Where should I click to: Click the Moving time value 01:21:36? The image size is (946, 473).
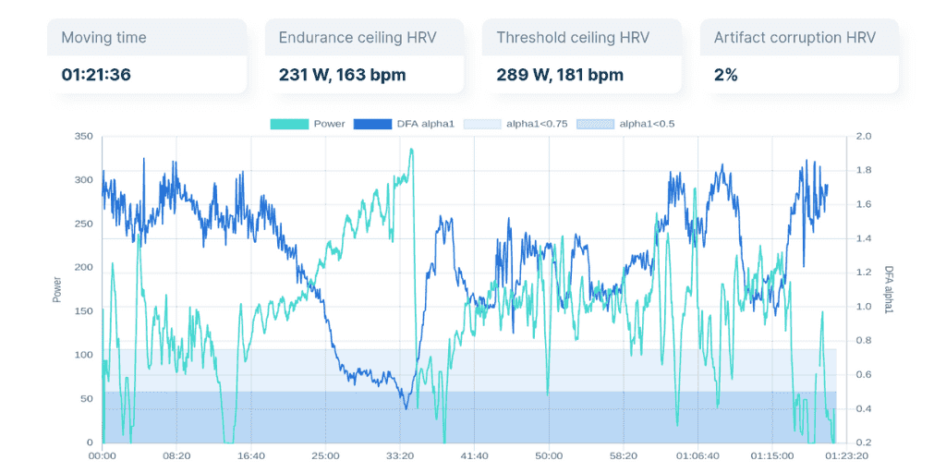coord(96,75)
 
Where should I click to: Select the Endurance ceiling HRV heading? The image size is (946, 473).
coord(357,38)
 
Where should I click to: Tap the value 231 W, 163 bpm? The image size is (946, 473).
coord(342,75)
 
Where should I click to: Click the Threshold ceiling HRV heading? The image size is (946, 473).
coord(572,38)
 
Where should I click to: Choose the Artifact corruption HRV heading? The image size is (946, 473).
coord(794,38)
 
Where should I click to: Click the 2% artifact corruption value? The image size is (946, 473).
coord(725,75)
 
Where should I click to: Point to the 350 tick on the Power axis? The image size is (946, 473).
coord(84,136)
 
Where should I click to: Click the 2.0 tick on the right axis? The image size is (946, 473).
coord(864,136)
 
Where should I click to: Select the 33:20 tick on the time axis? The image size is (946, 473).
coord(399,455)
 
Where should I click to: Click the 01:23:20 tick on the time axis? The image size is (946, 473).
coord(846,455)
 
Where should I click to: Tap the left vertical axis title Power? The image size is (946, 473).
coord(57,289)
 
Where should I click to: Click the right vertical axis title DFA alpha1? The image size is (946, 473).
coord(889,289)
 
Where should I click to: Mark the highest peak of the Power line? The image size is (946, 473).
coord(411,150)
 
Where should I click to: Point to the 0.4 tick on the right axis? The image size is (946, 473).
coord(864,408)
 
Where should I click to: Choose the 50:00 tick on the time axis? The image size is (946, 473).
coord(549,455)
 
